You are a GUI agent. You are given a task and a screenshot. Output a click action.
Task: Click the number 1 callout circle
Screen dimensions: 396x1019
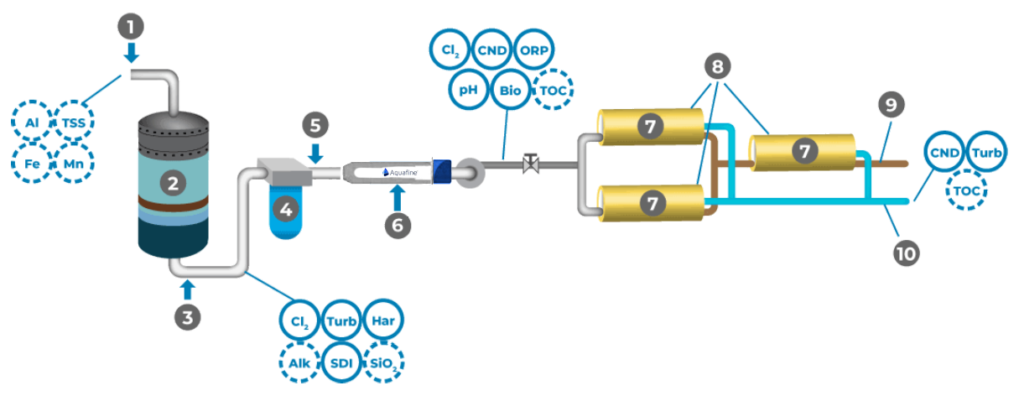click(130, 25)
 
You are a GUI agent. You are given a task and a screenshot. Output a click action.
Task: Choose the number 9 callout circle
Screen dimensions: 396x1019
click(892, 105)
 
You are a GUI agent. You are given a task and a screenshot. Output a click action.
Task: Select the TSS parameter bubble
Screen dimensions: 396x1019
click(74, 122)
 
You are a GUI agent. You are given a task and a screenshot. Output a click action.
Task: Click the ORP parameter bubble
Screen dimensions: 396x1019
click(533, 49)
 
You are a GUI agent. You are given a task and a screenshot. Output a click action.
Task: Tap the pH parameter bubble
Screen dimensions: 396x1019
click(470, 89)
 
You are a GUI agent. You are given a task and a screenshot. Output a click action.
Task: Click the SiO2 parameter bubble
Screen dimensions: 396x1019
click(385, 362)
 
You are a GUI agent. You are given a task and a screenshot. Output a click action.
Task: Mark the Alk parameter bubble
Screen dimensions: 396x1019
click(300, 362)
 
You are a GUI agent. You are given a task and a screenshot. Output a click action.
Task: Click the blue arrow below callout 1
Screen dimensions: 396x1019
click(130, 53)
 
